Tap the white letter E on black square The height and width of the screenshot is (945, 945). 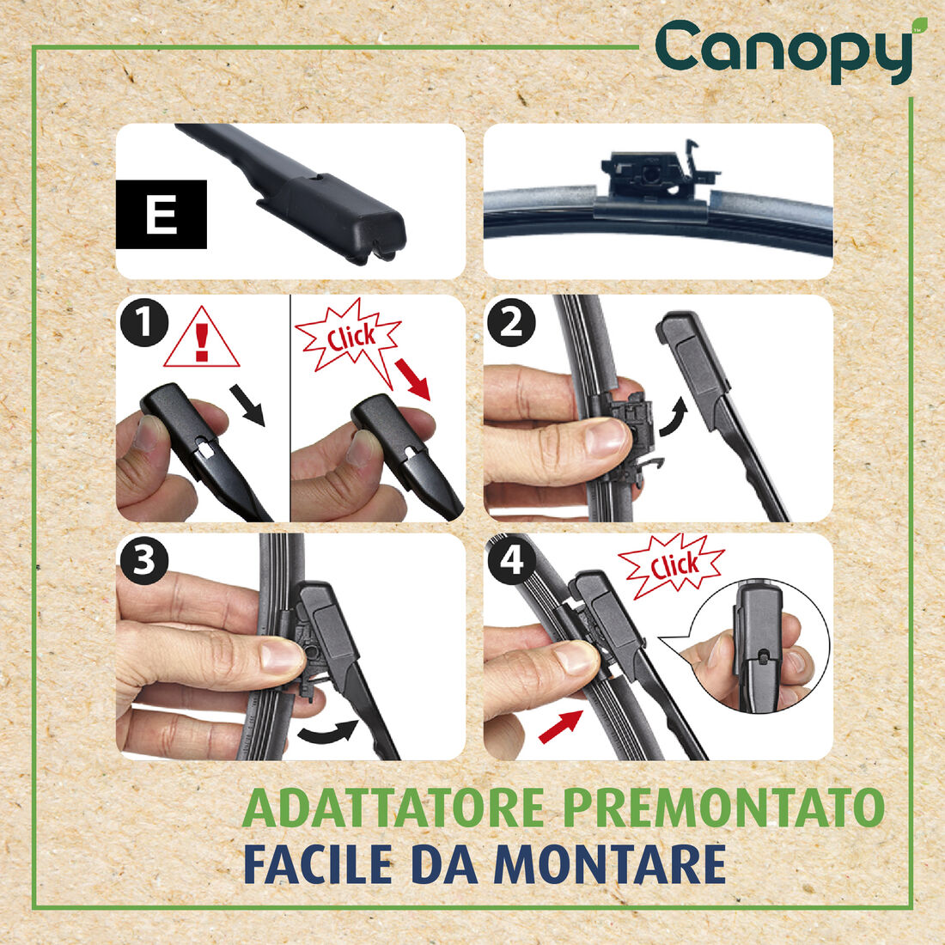pyautogui.click(x=162, y=215)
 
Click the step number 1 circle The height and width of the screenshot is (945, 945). pyautogui.click(x=143, y=323)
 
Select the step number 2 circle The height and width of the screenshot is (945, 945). pyautogui.click(x=510, y=323)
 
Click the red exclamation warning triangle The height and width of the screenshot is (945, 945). pyautogui.click(x=202, y=339)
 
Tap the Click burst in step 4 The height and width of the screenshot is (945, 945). pyautogui.click(x=672, y=566)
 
